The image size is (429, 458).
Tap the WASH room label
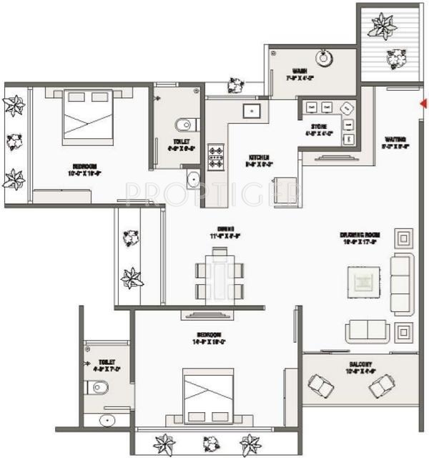pyautogui.click(x=300, y=71)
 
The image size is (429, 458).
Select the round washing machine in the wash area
pyautogui.click(x=326, y=58)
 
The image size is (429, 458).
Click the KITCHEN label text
pyautogui.click(x=258, y=157)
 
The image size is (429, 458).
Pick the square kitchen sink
pyautogui.click(x=251, y=111)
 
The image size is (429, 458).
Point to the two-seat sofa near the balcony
pyautogui.click(x=368, y=330)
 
